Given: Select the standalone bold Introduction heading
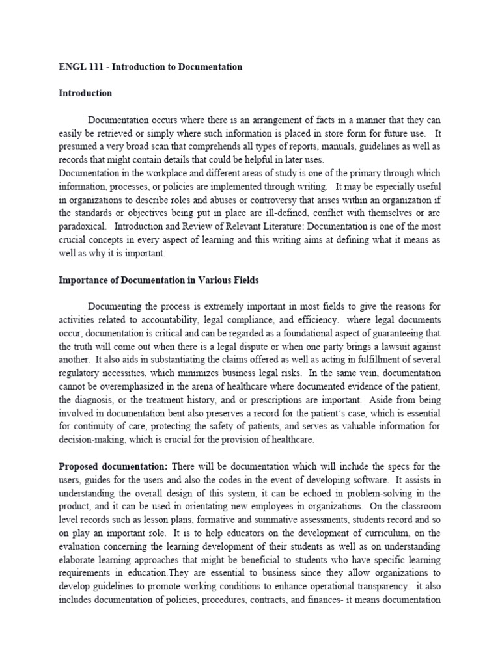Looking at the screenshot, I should [85, 93].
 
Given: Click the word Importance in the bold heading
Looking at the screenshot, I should [83, 281].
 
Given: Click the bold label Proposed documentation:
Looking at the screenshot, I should [113, 466].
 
